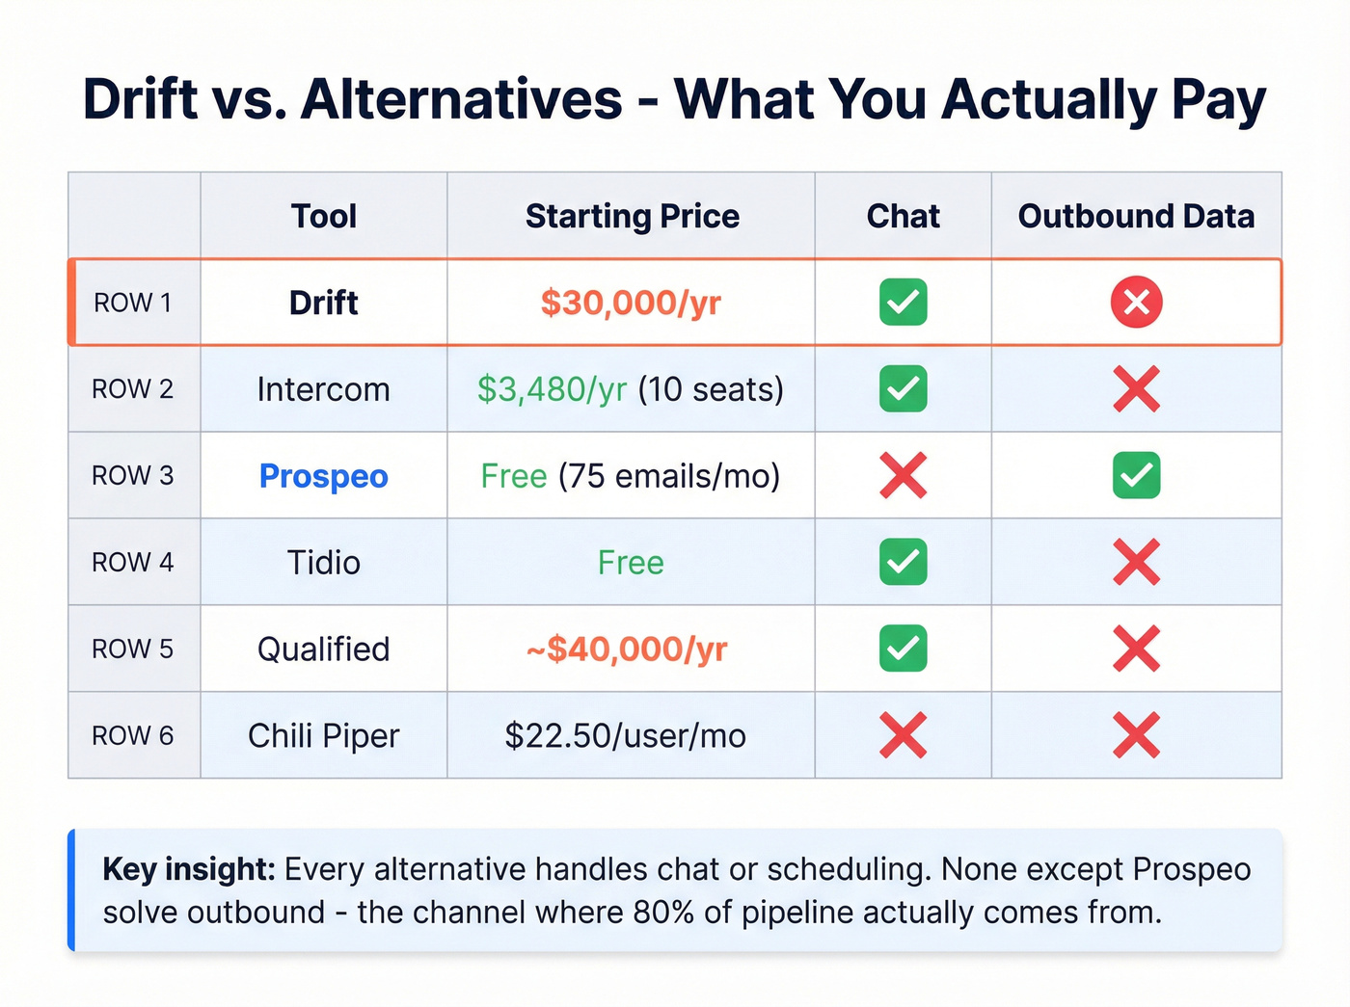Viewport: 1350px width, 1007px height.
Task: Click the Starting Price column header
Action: pyautogui.click(x=632, y=216)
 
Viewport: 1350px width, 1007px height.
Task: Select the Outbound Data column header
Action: pyautogui.click(x=1136, y=216)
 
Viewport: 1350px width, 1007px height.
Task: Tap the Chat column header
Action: pyautogui.click(x=903, y=216)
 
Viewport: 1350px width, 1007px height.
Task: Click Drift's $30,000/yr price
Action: pyautogui.click(x=631, y=303)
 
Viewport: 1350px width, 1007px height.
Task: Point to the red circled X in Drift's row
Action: pyautogui.click(x=1136, y=303)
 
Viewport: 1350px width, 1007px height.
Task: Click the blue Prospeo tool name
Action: pyautogui.click(x=324, y=476)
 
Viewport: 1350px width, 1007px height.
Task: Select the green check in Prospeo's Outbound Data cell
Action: pyautogui.click(x=1136, y=476)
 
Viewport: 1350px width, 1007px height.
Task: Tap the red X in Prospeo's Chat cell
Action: pyautogui.click(x=903, y=476)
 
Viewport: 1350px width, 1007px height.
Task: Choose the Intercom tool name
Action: pyautogui.click(x=324, y=389)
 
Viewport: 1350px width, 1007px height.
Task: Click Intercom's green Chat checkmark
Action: pyautogui.click(x=903, y=389)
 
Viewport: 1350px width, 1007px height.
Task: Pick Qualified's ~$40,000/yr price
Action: pyautogui.click(x=627, y=649)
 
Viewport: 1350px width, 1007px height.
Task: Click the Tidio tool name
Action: pyautogui.click(x=324, y=563)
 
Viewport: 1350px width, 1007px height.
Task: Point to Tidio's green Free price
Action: pyautogui.click(x=631, y=563)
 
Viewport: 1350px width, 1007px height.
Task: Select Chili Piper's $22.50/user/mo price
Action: pyautogui.click(x=626, y=736)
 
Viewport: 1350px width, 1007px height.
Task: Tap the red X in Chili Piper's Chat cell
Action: pyautogui.click(x=903, y=736)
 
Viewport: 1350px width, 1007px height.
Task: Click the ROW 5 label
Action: pyautogui.click(x=133, y=649)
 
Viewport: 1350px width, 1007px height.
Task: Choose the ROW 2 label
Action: pyautogui.click(x=133, y=389)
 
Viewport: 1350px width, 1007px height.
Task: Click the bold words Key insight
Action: pyautogui.click(x=189, y=869)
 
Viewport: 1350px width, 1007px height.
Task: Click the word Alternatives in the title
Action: pyautogui.click(x=462, y=99)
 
